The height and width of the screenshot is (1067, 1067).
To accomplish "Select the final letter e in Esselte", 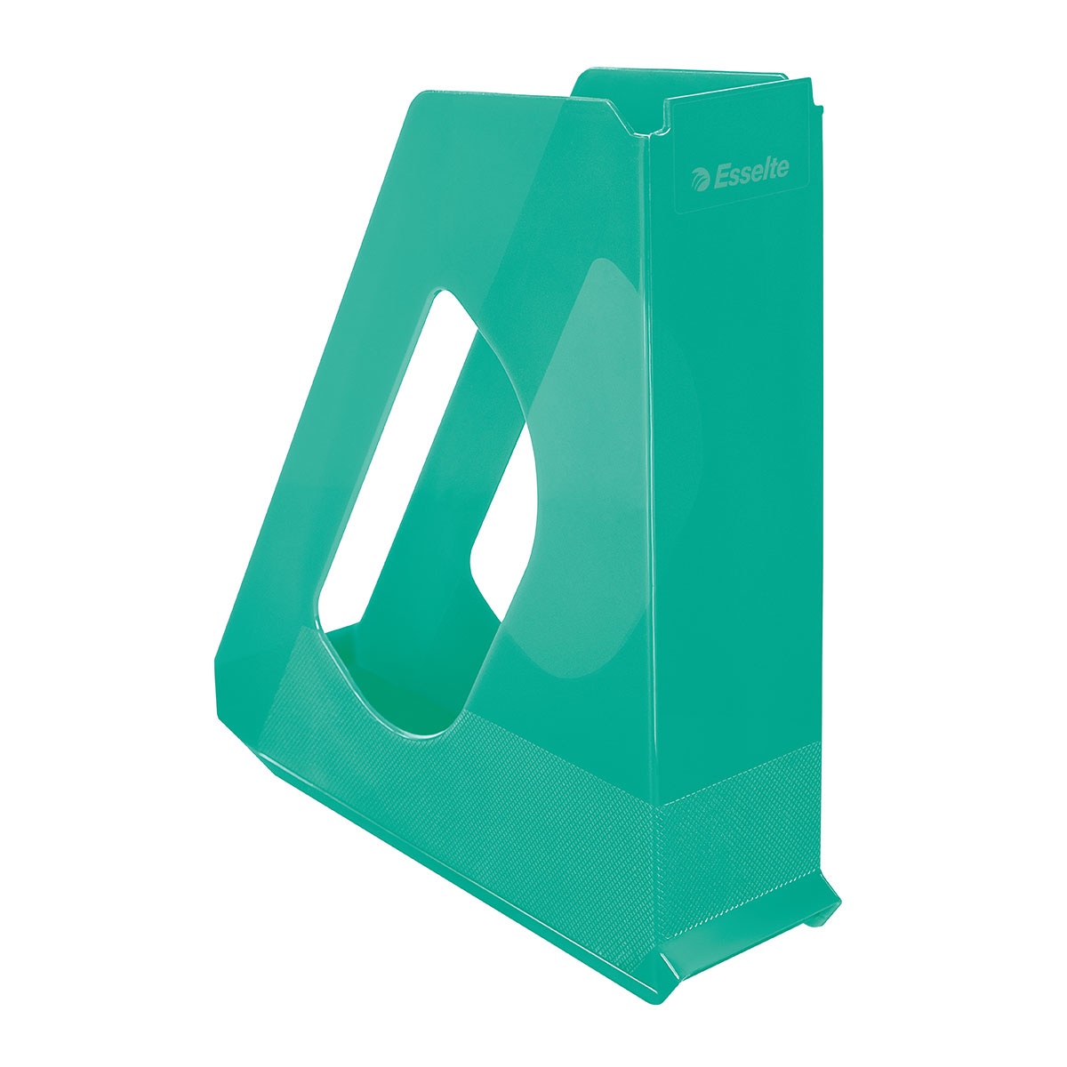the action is (x=782, y=168).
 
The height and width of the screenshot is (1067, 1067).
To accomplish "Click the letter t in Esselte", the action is (x=772, y=168).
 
